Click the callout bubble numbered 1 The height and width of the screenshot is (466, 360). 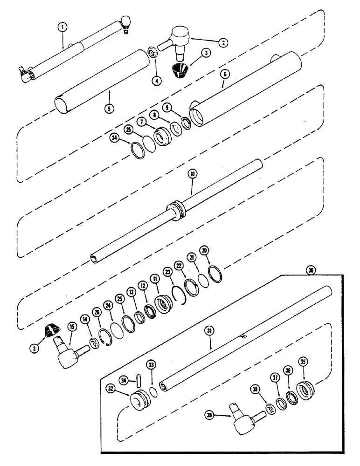(62, 27)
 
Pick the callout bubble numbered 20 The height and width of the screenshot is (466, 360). (203, 250)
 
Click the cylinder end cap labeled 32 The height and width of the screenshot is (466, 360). (139, 400)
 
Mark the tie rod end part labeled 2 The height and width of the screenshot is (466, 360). (179, 38)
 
